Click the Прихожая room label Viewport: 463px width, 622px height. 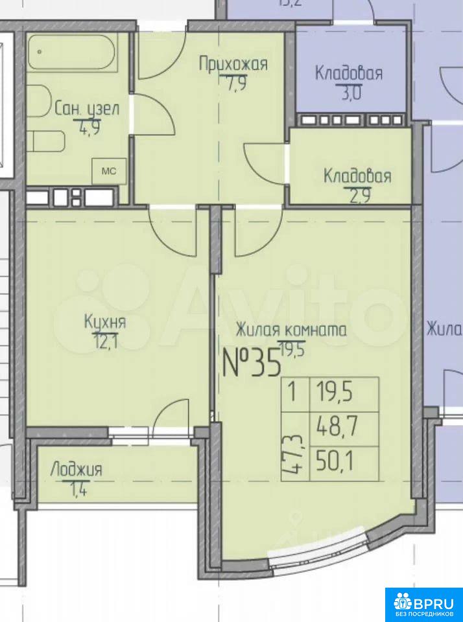click(233, 64)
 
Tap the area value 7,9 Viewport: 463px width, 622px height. click(233, 84)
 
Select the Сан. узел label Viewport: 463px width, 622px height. click(86, 108)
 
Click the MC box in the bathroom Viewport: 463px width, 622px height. click(109, 171)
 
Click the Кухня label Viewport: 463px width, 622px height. click(105, 321)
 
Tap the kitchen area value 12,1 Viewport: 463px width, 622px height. click(105, 341)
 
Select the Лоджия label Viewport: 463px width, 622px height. click(77, 470)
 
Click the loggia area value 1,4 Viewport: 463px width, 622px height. click(78, 490)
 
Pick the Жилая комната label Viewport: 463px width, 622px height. click(291, 330)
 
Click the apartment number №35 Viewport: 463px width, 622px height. click(252, 363)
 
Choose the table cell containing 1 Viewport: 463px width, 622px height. click(295, 395)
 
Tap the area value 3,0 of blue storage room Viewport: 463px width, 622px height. click(351, 94)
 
